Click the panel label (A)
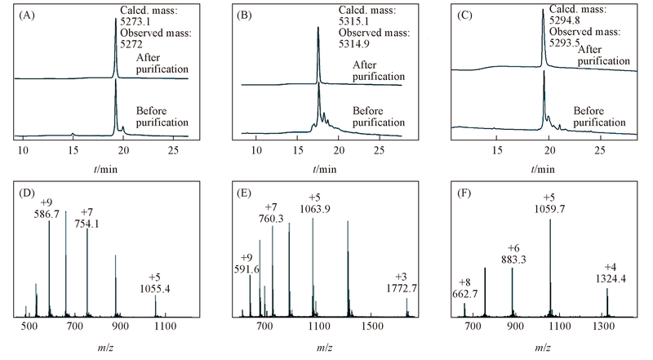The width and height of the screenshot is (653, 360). click(x=26, y=15)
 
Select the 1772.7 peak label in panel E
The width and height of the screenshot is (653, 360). click(x=406, y=288)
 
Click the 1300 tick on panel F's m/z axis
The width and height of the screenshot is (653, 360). click(x=603, y=327)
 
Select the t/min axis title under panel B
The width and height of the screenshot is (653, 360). click(x=322, y=169)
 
